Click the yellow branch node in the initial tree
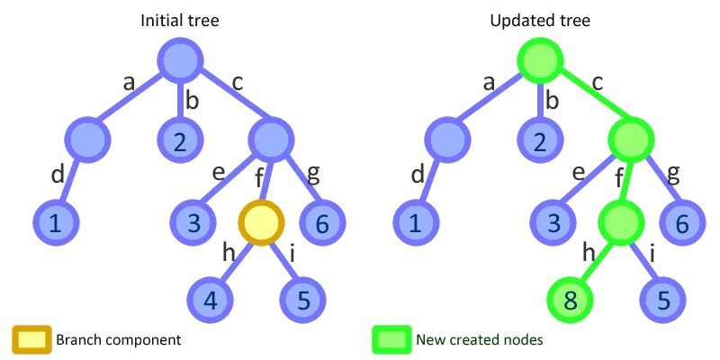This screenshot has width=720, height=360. (x=261, y=221)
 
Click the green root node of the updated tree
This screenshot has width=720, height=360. (x=540, y=60)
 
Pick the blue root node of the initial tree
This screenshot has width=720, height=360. (x=180, y=60)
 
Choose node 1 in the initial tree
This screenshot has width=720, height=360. (x=56, y=221)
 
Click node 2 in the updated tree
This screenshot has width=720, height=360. (x=540, y=140)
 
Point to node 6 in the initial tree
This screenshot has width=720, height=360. (x=320, y=221)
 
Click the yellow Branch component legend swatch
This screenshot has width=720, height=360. (x=31, y=339)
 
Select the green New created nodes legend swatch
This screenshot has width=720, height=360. (x=391, y=339)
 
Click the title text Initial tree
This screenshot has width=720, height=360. (x=180, y=20)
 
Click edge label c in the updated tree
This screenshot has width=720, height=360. (x=597, y=82)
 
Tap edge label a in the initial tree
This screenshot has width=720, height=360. (x=130, y=84)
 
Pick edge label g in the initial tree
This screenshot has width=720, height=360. (x=312, y=174)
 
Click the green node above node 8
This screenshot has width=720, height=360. (x=621, y=221)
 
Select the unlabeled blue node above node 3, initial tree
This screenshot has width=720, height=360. (x=270, y=139)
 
